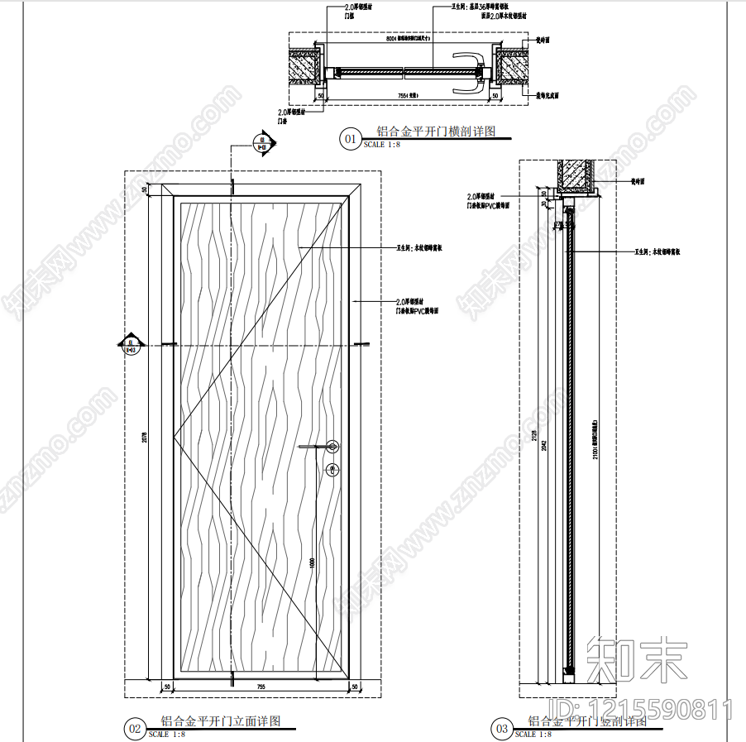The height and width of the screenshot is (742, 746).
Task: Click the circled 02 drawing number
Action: pos(134,729)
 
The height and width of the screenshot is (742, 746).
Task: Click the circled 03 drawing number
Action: pos(501,729)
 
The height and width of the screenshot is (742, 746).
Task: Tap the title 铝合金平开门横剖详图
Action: pos(435,131)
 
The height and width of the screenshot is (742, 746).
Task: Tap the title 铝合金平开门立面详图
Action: pos(221,721)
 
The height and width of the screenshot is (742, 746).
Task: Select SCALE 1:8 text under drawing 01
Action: pos(381,145)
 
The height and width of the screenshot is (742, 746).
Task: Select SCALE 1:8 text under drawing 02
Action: pos(166,734)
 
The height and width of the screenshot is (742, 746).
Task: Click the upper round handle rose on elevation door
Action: pos(332,447)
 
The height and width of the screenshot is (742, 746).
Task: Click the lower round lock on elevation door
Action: pos(332,471)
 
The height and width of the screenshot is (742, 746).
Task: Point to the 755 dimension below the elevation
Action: pos(261,687)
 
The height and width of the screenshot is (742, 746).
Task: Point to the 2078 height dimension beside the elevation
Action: pos(144,438)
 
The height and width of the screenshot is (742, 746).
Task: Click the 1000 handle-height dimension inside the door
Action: pos(312,562)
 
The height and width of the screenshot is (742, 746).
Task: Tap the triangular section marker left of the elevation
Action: pos(131,344)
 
